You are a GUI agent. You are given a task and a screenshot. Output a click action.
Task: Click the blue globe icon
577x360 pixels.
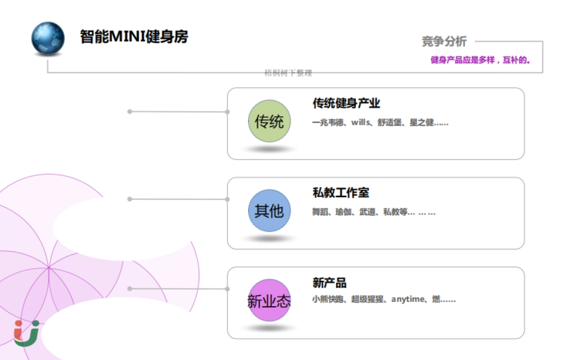[x=48, y=37]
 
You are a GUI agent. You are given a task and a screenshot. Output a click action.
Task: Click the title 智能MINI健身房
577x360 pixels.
[x=134, y=37]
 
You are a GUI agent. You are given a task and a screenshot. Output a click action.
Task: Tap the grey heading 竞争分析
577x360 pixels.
[x=444, y=42]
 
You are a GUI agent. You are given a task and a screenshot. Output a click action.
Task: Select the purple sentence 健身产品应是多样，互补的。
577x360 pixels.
[x=480, y=61]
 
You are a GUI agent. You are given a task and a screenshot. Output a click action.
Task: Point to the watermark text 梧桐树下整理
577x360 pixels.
[x=288, y=73]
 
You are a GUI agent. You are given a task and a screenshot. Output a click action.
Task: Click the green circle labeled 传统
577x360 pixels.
[x=269, y=121]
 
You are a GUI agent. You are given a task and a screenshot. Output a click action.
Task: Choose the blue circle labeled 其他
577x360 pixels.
[x=269, y=211]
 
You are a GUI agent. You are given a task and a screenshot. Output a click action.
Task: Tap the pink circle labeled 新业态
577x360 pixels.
[x=269, y=300]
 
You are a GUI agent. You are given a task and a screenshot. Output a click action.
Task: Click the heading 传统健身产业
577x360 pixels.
[x=346, y=103]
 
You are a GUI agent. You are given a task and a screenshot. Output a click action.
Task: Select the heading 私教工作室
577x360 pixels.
[x=341, y=193]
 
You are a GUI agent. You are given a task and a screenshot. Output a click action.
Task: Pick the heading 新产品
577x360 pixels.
[x=329, y=283]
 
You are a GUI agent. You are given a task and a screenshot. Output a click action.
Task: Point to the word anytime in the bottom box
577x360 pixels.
[x=408, y=299]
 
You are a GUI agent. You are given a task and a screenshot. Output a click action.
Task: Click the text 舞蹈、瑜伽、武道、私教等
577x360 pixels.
[x=360, y=212]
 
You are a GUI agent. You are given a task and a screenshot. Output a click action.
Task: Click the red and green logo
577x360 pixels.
[x=26, y=333]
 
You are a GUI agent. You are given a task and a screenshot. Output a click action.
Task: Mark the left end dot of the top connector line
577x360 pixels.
[x=129, y=112]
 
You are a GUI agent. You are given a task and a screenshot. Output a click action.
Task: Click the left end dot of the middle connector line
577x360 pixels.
[x=129, y=199]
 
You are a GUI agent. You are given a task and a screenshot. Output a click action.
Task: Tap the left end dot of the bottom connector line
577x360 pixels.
[x=129, y=288]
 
